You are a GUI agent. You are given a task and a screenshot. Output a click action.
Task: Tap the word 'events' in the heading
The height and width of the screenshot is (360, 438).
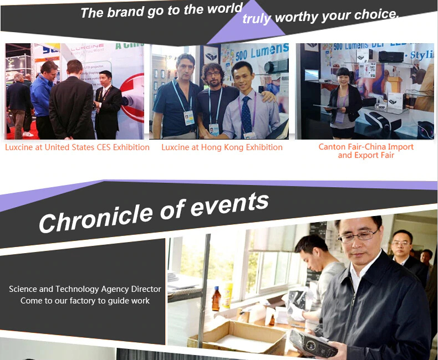[x=230, y=203]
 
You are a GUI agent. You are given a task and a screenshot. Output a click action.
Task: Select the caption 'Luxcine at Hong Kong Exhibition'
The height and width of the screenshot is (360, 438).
[x=222, y=147]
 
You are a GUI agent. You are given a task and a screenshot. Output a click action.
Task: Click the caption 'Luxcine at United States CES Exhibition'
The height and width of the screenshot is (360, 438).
[x=78, y=147]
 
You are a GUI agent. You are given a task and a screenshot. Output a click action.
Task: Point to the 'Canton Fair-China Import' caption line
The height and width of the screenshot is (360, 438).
[x=366, y=147]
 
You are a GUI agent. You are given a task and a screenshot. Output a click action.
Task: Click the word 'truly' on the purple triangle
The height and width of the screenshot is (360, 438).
[x=257, y=19]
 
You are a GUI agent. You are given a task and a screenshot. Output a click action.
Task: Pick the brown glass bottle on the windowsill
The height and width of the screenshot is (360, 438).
[x=216, y=299]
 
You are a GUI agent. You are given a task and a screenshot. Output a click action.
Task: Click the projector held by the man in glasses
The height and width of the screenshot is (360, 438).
[x=313, y=344]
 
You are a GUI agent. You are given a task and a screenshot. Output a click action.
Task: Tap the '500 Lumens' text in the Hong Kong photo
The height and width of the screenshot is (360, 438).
[x=262, y=52]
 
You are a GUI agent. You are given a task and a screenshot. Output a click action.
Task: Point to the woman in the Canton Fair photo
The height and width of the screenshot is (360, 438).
[x=345, y=103]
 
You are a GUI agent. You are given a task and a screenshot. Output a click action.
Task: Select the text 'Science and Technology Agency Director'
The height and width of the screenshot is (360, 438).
[x=85, y=289]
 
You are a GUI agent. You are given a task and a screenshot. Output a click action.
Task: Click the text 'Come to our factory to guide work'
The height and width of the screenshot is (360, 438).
[x=85, y=301]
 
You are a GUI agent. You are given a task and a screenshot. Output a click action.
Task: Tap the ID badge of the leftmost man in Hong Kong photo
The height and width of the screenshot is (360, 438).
[x=189, y=118]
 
